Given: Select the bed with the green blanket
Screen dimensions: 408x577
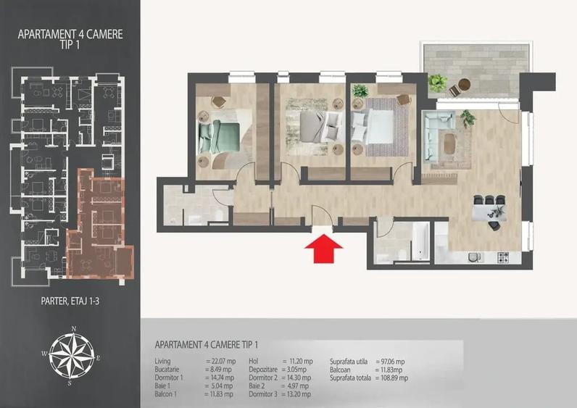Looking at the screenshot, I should (x=219, y=135).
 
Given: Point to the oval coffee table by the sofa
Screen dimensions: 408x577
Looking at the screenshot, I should (x=450, y=143).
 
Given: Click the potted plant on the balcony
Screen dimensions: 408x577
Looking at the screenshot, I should (x=437, y=83).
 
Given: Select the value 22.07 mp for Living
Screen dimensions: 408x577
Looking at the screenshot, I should (x=220, y=361).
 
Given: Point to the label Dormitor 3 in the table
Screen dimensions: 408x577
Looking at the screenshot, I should (x=264, y=394).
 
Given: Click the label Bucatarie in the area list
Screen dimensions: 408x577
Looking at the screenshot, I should (x=169, y=369).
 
